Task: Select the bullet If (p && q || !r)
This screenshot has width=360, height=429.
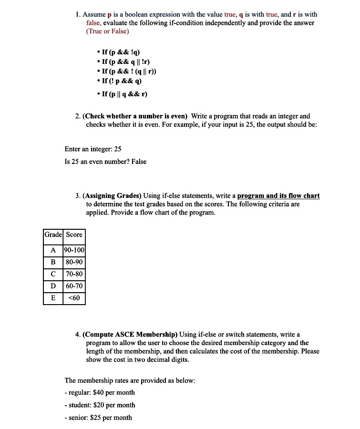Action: point(126,62)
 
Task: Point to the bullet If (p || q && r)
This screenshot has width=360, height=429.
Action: point(124,94)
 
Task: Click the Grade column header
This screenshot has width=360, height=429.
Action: point(53,235)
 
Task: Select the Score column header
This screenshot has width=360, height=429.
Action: point(74,235)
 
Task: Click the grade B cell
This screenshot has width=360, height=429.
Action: point(53,262)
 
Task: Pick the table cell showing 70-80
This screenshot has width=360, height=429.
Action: point(74,274)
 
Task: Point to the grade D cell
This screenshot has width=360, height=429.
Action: point(53,286)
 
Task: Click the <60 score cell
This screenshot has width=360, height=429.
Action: point(74,298)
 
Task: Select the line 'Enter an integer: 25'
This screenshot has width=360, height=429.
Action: point(93,149)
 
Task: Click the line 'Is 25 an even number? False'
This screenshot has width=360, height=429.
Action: point(105,162)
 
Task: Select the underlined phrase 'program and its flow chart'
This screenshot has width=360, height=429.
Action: point(278,196)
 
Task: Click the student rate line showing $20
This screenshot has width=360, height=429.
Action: point(100,405)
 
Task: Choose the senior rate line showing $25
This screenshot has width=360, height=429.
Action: point(98,418)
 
